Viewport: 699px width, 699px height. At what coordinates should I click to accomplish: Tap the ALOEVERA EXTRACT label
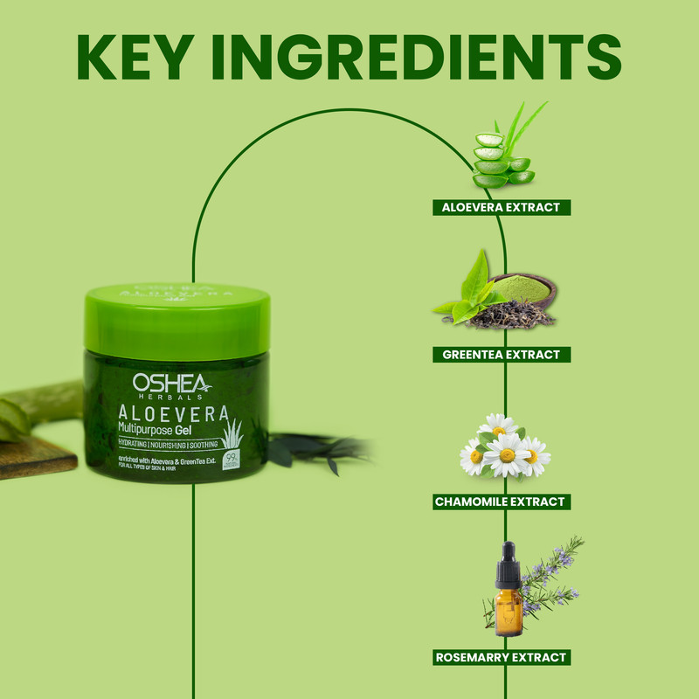coord(502,207)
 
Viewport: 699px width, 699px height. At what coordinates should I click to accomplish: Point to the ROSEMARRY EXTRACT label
coord(502,656)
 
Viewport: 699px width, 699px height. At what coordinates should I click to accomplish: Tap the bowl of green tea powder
coord(522,287)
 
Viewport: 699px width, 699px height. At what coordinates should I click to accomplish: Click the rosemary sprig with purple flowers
coord(550,572)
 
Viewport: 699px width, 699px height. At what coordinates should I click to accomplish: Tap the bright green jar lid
coord(177,320)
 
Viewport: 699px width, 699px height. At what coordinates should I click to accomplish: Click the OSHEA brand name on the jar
coord(170,383)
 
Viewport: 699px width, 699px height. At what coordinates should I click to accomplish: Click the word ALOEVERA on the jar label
coord(173,412)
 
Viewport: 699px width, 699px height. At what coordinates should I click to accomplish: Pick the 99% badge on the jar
coord(232,460)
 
